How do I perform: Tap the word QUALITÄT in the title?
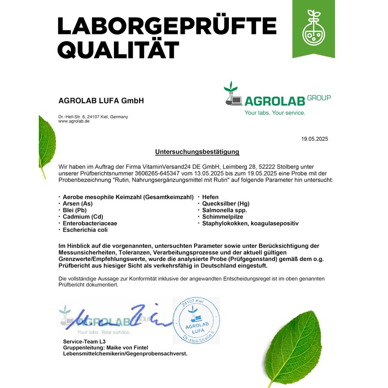pyautogui.click(x=118, y=49)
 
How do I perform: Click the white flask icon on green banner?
pyautogui.click(x=313, y=31)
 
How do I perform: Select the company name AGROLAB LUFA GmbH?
pyautogui.click(x=101, y=101)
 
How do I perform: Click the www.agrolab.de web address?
pyautogui.click(x=74, y=121)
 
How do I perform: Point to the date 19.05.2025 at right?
pyautogui.click(x=314, y=139)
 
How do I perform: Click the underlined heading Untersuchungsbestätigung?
pyautogui.click(x=197, y=152)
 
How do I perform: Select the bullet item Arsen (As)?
pyautogui.click(x=78, y=204)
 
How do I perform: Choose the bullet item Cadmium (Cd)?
pyautogui.click(x=82, y=217)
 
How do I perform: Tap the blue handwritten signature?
pyautogui.click(x=121, y=319)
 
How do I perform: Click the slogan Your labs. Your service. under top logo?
pyautogui.click(x=275, y=113)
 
